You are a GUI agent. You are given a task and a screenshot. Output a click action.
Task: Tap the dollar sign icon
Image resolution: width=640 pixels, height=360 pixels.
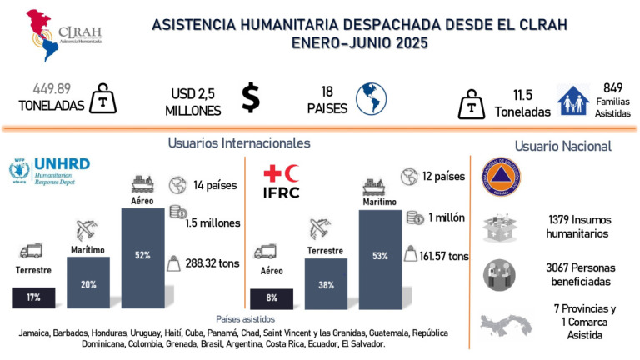pyautogui.click(x=250, y=96)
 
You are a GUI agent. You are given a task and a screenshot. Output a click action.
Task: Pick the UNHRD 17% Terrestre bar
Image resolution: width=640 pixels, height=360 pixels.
pyautogui.click(x=33, y=297)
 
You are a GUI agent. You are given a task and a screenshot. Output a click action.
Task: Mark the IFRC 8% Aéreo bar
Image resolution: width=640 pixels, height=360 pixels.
pyautogui.click(x=272, y=297)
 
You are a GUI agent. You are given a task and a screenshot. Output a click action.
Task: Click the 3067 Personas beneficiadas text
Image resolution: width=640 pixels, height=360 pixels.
pyautogui.click(x=577, y=276)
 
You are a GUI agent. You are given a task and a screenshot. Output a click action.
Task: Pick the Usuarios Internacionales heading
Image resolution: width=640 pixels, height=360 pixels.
pyautogui.click(x=239, y=142)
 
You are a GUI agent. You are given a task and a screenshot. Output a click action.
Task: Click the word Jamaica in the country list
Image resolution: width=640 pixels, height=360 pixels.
pyautogui.click(x=37, y=332)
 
